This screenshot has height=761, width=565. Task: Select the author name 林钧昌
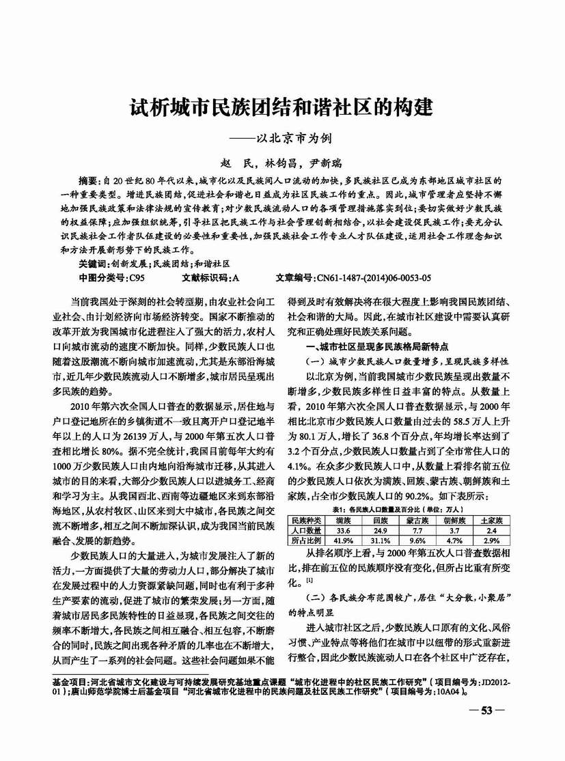280,163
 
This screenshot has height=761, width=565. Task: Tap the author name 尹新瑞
327,163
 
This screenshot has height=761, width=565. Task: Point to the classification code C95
136,279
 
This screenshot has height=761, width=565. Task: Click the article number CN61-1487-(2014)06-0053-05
372,279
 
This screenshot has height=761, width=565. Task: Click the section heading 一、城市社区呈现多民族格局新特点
373,348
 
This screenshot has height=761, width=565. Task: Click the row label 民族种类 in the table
306,520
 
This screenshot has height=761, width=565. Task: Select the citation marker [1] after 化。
310,581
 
